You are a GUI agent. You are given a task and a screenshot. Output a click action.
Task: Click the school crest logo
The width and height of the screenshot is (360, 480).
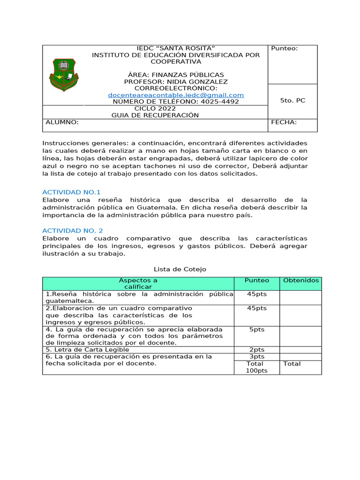point(64,75)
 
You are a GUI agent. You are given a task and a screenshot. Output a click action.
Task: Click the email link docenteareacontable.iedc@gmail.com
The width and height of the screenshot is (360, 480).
point(176,95)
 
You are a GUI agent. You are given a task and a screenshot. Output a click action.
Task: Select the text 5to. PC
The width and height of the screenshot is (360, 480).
point(292,101)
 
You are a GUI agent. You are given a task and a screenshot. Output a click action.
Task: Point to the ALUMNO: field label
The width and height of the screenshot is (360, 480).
point(62,122)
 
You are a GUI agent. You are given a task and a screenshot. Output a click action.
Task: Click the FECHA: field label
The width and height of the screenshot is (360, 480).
point(284,122)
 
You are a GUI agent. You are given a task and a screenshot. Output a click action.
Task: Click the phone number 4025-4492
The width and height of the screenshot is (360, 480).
point(219,102)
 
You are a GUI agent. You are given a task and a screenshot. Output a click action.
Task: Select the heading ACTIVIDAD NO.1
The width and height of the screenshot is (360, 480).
point(71,192)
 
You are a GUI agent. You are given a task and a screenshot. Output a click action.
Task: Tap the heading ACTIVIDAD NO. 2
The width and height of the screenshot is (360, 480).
point(72,231)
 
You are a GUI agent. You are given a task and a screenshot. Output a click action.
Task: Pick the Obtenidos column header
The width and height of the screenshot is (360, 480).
point(300,280)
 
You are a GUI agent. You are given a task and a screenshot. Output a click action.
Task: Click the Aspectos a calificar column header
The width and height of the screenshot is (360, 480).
point(138,283)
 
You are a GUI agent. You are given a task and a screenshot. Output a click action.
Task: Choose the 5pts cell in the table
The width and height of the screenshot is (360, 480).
point(257,330)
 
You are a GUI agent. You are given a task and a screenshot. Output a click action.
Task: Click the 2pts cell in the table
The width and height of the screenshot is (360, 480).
point(257,350)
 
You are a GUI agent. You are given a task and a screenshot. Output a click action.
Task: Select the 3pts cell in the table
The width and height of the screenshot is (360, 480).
point(257,357)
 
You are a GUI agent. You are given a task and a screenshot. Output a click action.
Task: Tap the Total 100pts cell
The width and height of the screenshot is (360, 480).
point(256,367)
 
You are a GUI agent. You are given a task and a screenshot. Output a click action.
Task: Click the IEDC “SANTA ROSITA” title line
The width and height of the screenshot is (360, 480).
point(175,49)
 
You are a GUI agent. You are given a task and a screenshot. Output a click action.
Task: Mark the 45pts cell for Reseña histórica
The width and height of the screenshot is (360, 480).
point(257,294)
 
